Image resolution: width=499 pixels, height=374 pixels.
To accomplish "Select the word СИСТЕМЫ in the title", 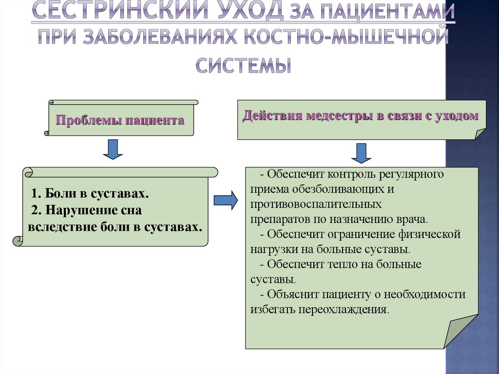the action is click(x=244, y=65).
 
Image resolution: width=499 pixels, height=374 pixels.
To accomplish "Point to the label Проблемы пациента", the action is click(x=120, y=120).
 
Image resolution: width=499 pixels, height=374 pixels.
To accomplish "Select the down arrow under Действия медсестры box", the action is click(x=361, y=153).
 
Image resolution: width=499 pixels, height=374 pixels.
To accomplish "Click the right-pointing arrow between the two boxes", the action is click(x=226, y=200).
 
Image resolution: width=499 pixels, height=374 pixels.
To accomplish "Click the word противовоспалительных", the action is click(x=316, y=203).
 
